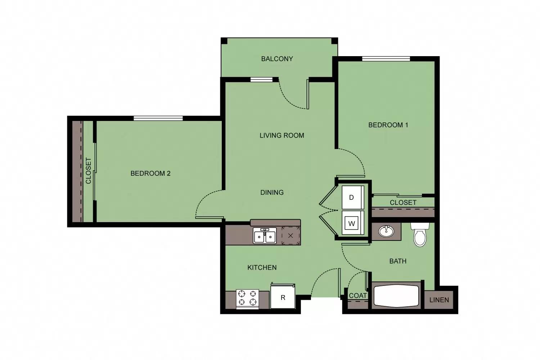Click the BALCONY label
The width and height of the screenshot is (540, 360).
click(x=277, y=59)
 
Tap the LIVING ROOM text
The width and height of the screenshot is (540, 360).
click(x=282, y=135)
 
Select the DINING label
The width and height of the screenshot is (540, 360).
click(x=272, y=192)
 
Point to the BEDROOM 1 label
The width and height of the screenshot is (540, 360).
click(x=388, y=125)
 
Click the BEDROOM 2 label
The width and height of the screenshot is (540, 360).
click(x=150, y=173)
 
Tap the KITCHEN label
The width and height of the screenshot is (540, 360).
click(x=262, y=267)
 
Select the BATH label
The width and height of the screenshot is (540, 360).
click(x=398, y=261)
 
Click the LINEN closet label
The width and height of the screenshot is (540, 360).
click(x=439, y=300)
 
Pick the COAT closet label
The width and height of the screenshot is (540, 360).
click(x=358, y=296)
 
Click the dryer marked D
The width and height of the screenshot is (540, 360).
click(x=352, y=197)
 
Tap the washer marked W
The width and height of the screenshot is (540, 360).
click(x=352, y=223)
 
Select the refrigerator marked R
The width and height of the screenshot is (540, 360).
click(x=283, y=297)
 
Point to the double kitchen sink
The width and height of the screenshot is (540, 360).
click(x=265, y=236)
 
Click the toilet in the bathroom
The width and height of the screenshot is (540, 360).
click(x=420, y=234)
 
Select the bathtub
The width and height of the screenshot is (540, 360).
click(x=396, y=296)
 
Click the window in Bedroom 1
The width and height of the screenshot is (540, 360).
click(x=386, y=59)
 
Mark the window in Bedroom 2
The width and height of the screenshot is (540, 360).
click(x=158, y=118)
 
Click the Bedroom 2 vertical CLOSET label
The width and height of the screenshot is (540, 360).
click(x=88, y=171)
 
